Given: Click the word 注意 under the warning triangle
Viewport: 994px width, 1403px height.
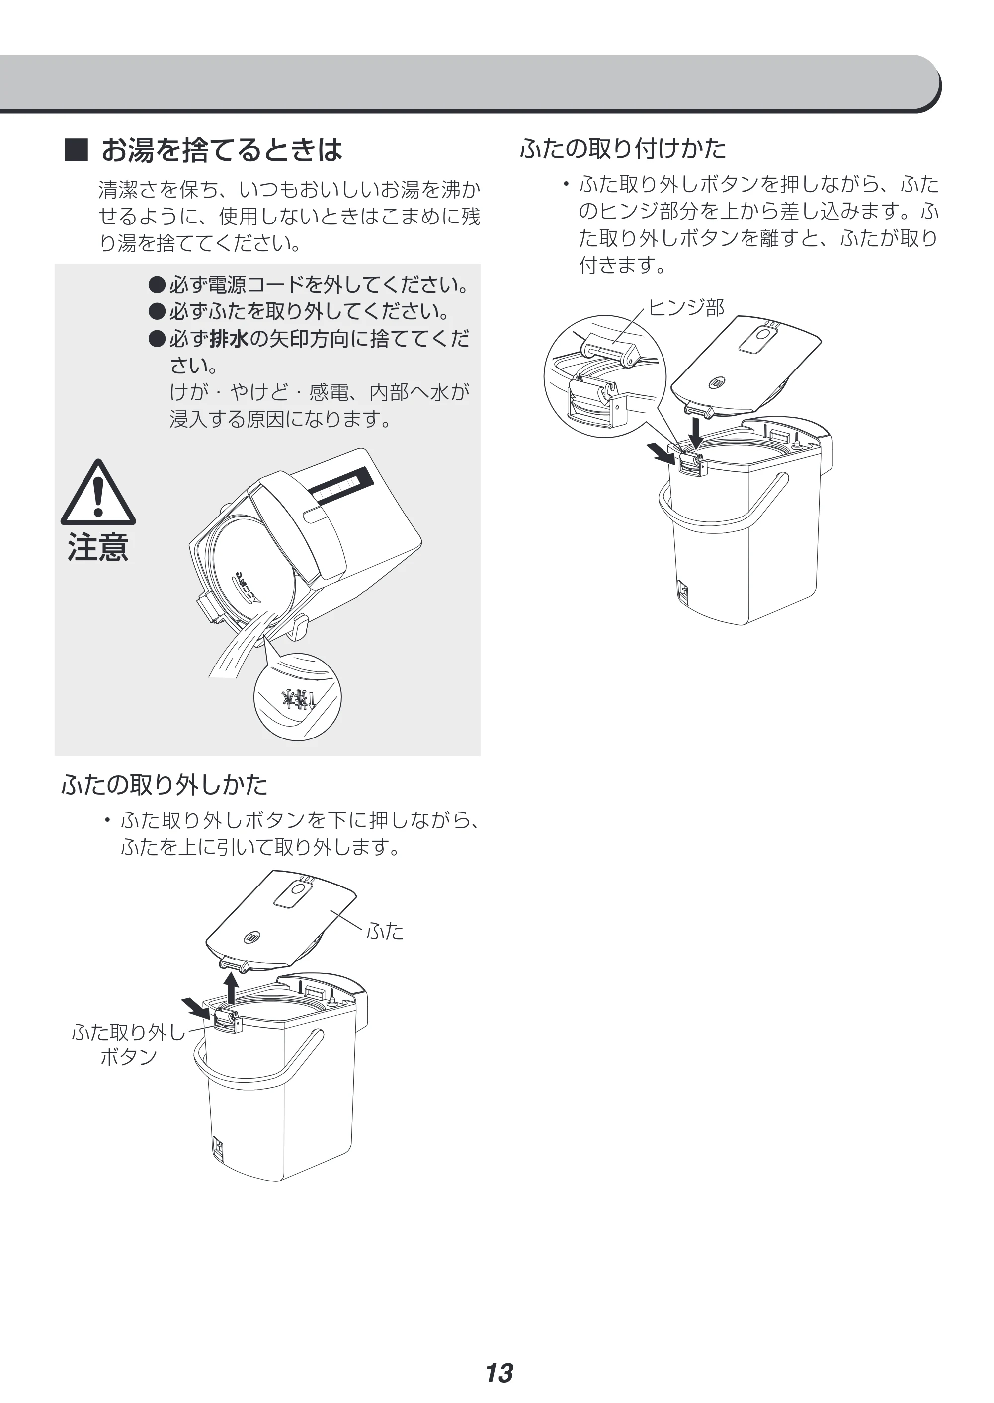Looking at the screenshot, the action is click(98, 547).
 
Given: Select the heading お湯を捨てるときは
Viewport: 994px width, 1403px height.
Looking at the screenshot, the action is click(222, 150).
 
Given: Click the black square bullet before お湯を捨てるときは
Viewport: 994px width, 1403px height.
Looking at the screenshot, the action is click(77, 150).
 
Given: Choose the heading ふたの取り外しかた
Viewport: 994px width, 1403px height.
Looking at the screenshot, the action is click(164, 785).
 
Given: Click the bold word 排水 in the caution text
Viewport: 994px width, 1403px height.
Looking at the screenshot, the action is click(229, 338).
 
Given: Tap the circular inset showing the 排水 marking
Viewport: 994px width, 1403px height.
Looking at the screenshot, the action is click(298, 697).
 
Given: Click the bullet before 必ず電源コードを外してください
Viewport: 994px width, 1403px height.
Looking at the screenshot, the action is click(158, 285).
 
